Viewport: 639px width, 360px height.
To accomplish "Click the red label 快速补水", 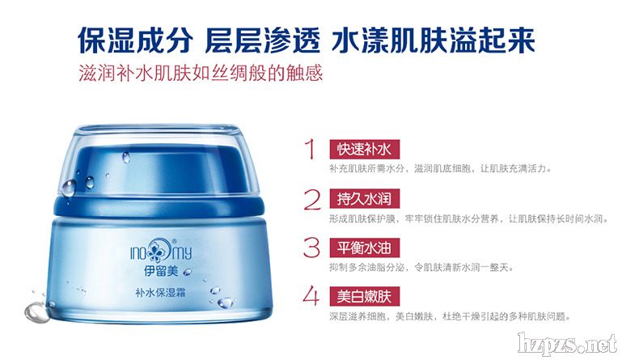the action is pyautogui.click(x=364, y=150).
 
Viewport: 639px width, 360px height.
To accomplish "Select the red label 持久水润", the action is pyautogui.click(x=364, y=198).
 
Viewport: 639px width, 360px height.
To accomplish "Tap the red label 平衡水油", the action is pyautogui.click(x=364, y=248).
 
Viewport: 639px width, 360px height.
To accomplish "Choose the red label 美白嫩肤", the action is pyautogui.click(x=364, y=296).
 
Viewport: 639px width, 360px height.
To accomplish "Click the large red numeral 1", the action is pyautogui.click(x=311, y=149).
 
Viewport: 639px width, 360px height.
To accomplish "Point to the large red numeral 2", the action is pyautogui.click(x=312, y=199).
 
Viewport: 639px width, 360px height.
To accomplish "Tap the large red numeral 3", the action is pyautogui.click(x=311, y=248).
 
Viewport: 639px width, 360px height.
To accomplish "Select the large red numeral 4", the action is pyautogui.click(x=311, y=295).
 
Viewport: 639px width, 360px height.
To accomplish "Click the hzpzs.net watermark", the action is pyautogui.click(x=567, y=344).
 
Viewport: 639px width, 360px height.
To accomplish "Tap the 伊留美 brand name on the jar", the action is pyautogui.click(x=161, y=271).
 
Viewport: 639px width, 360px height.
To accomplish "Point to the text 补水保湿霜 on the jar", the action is pyautogui.click(x=160, y=292).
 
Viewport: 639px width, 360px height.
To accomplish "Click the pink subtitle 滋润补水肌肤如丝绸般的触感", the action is pyautogui.click(x=201, y=73).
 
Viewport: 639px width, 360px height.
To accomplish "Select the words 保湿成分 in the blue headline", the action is pyautogui.click(x=135, y=40).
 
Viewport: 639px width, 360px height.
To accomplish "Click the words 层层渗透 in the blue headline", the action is pyautogui.click(x=263, y=40).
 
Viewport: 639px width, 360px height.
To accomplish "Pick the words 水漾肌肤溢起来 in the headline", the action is pyautogui.click(x=434, y=40).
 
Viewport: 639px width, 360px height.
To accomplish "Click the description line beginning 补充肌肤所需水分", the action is pyautogui.click(x=440, y=168).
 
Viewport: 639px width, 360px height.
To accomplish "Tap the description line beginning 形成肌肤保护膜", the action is pyautogui.click(x=468, y=218).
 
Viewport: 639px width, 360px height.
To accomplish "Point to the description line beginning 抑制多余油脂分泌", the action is pyautogui.click(x=421, y=268).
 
